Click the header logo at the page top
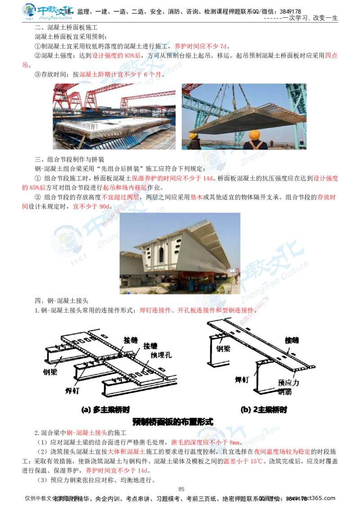coord(48,12)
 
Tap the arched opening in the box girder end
coord(161,254)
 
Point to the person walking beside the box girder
coord(235,279)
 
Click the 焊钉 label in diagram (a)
coord(69,390)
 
